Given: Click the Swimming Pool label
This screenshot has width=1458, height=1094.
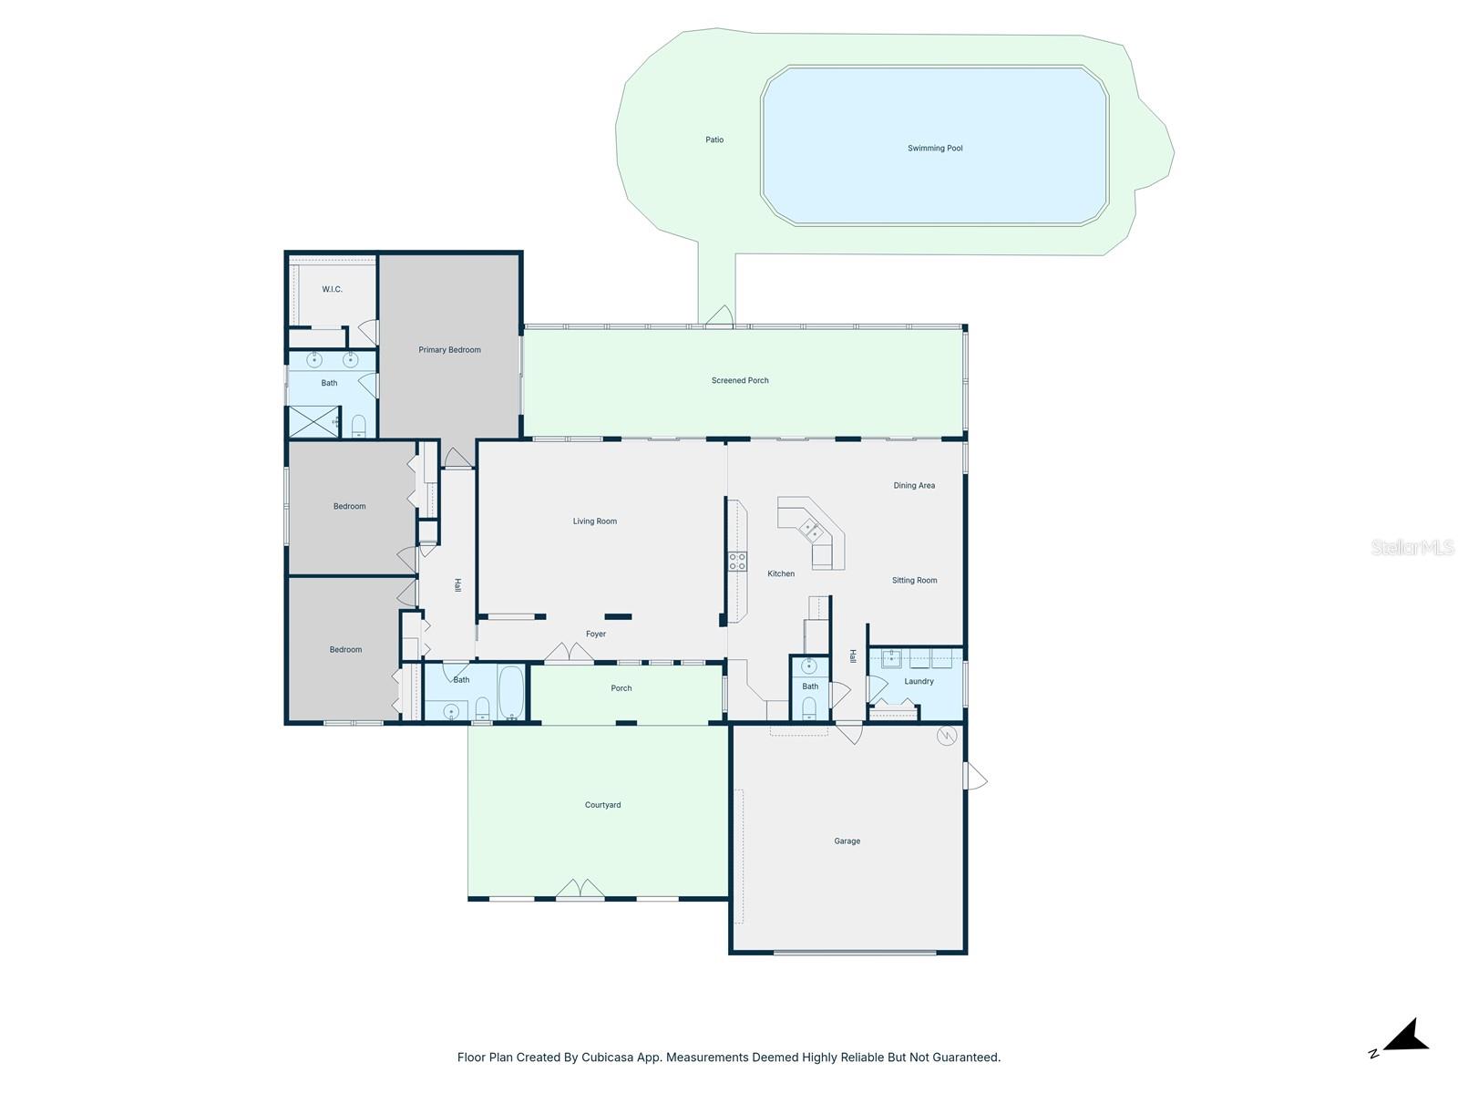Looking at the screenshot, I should pyautogui.click(x=935, y=148).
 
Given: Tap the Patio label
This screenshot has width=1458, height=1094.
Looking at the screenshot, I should pyautogui.click(x=714, y=139).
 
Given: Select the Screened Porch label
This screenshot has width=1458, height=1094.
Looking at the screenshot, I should pyautogui.click(x=740, y=380).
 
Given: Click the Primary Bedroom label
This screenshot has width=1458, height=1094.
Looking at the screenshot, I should pyautogui.click(x=449, y=349).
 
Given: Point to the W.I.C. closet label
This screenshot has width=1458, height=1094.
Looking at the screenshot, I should pyautogui.click(x=332, y=289).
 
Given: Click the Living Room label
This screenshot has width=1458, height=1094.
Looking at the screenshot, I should pyautogui.click(x=594, y=521).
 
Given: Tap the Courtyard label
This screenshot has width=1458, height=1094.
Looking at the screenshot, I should pyautogui.click(x=602, y=805).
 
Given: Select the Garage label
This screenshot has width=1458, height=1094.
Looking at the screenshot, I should pyautogui.click(x=847, y=841).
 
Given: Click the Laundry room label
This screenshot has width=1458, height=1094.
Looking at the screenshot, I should pyautogui.click(x=919, y=681).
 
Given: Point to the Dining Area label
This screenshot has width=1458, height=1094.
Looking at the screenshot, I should pyautogui.click(x=914, y=485).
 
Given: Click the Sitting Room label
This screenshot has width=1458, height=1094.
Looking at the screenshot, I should pyautogui.click(x=914, y=580).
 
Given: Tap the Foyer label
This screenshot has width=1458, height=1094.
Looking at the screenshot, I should pyautogui.click(x=595, y=634).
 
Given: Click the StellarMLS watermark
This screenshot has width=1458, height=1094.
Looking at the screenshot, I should pyautogui.click(x=1412, y=547).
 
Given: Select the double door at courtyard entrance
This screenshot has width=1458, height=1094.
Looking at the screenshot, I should pyautogui.click(x=580, y=890).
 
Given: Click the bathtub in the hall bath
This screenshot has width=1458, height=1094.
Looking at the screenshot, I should pyautogui.click(x=511, y=693).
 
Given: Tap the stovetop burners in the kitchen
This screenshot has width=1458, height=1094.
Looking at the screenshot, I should pyautogui.click(x=737, y=561).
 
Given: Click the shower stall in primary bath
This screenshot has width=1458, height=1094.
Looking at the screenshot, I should pyautogui.click(x=313, y=422).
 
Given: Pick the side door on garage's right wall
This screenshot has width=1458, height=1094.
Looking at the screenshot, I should pyautogui.click(x=975, y=777).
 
